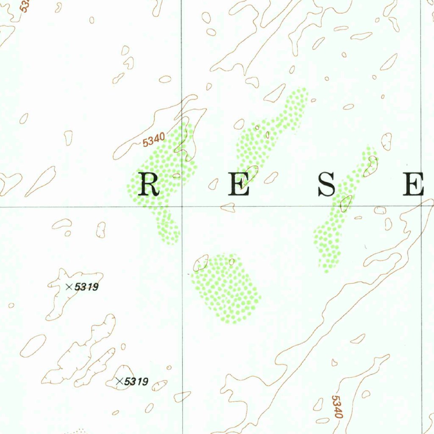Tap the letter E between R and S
pyautogui.click(x=238, y=185)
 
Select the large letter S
pyautogui.click(x=326, y=185)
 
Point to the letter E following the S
pyautogui.click(x=414, y=185)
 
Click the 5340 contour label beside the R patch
pyautogui.click(x=153, y=140)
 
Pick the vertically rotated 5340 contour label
pyautogui.click(x=337, y=407)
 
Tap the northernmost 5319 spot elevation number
pyautogui.click(x=86, y=287)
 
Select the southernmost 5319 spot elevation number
pyautogui.click(x=136, y=381)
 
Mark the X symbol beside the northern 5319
pyautogui.click(x=69, y=287)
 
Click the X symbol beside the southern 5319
pyautogui.click(x=120, y=381)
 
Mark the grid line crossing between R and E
pyautogui.click(x=182, y=206)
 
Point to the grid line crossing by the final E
pyautogui.click(x=422, y=206)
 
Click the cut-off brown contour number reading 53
pyautogui.click(x=25, y=6)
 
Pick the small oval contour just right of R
pyautogui.click(x=176, y=175)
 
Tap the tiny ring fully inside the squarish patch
pyautogui.click(x=231, y=262)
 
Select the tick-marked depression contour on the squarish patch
pyautogui.click(x=201, y=263)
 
